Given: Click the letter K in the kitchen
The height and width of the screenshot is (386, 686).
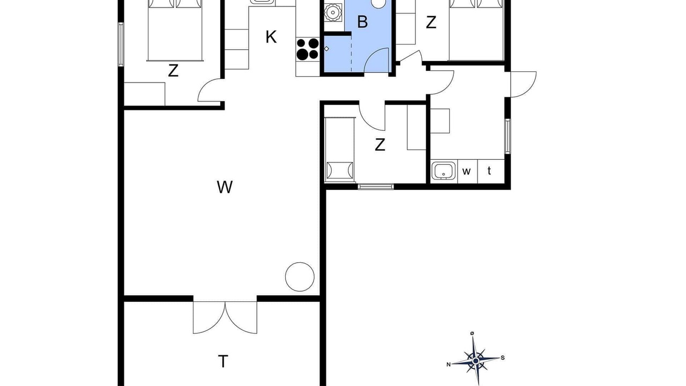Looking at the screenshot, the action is click(x=271, y=37).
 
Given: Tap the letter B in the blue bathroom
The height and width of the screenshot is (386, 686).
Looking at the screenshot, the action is click(x=362, y=22).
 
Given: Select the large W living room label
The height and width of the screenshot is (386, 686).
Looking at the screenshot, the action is click(x=225, y=187).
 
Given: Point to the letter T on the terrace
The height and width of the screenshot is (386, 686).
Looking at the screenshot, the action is click(x=223, y=361).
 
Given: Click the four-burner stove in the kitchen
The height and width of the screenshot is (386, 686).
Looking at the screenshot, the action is click(x=308, y=49).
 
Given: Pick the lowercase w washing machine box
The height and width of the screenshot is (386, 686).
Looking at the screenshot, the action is click(x=467, y=172).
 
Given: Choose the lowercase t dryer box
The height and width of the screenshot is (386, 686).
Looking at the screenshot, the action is click(x=491, y=172).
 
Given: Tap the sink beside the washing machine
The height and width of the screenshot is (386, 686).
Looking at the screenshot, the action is click(x=444, y=171).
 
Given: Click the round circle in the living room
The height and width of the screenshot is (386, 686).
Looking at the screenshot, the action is click(x=300, y=263).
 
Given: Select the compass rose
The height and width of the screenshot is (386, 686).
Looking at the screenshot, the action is click(x=475, y=361).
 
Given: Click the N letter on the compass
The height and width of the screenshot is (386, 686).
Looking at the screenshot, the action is click(x=449, y=365).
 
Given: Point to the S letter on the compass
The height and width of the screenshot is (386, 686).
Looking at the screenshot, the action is click(x=503, y=358).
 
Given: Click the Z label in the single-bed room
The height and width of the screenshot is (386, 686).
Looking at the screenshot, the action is click(x=380, y=145).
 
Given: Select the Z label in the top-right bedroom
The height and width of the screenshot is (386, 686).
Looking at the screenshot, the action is click(x=431, y=23).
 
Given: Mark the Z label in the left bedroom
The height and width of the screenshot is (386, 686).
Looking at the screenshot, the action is click(x=173, y=71).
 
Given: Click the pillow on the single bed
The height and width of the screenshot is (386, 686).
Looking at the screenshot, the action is click(x=340, y=170).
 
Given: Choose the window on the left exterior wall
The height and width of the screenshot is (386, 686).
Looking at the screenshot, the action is click(x=121, y=44).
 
